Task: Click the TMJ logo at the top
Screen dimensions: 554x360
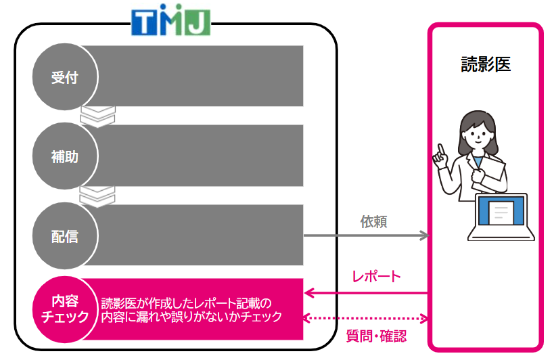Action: tap(170, 20)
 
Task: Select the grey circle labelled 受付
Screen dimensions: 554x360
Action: tap(65, 76)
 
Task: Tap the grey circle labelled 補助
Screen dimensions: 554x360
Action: tap(65, 156)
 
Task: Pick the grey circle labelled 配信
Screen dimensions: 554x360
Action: tap(65, 235)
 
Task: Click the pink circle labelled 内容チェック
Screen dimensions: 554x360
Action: tap(65, 309)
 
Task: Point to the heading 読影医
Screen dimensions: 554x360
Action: tap(486, 64)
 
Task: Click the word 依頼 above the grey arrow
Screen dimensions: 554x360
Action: tap(374, 222)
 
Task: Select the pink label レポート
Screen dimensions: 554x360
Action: tap(377, 276)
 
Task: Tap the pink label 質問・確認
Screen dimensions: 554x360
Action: tap(376, 336)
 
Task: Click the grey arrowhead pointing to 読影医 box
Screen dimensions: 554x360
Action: tap(425, 235)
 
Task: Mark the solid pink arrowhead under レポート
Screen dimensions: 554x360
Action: tap(309, 293)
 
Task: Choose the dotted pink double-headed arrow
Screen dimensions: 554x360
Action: tap(366, 318)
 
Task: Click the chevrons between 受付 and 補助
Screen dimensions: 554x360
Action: tap(98, 116)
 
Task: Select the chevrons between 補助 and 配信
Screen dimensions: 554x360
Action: tap(97, 196)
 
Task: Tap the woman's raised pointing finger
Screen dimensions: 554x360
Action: tap(440, 149)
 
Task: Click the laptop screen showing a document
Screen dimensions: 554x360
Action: tap(501, 210)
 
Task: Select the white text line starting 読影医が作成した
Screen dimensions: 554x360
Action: tap(186, 303)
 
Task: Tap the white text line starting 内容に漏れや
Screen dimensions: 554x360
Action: tap(191, 317)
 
